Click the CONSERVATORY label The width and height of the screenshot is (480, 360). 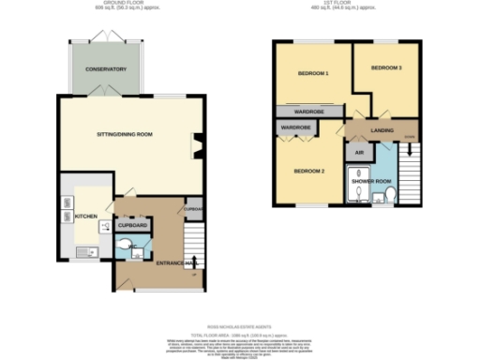[x=105, y=70]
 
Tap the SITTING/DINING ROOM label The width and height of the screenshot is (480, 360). [x=125, y=134]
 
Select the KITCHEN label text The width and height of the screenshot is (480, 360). [x=86, y=217]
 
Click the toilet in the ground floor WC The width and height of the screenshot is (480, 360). [x=129, y=246]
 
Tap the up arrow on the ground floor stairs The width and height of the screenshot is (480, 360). [x=194, y=261]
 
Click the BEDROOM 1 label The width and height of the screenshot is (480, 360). [x=313, y=73]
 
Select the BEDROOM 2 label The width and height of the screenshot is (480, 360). [x=308, y=172]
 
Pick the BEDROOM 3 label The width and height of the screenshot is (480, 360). [x=385, y=68]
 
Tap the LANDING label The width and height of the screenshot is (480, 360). [x=381, y=130]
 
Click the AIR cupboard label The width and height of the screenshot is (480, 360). [x=357, y=150]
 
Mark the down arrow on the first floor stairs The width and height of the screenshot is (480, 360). [x=408, y=139]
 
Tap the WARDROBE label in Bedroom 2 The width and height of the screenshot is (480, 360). [x=296, y=127]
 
